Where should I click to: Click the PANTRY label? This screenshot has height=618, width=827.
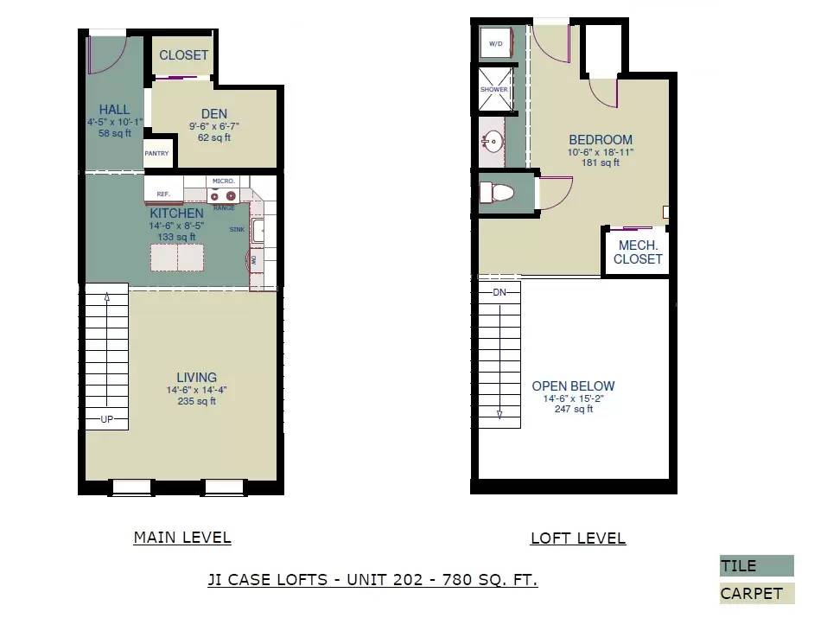coord(156,153)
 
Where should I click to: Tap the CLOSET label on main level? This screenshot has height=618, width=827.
coord(183,54)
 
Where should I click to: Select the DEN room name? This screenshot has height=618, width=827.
coord(213,113)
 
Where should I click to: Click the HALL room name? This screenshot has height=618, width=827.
coord(114,110)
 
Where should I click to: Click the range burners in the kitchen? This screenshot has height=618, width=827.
coord(224,195)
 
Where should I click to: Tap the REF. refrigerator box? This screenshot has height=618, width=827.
coord(163,194)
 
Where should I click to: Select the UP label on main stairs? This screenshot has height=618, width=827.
coord(107,419)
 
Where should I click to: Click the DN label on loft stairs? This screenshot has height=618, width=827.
coord(499,292)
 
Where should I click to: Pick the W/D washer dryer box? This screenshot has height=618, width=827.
coord(496,42)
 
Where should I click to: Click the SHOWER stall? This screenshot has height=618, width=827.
coord(494,89)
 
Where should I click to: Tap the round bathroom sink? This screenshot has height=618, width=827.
coord(493,142)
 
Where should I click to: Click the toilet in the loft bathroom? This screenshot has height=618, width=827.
coord(498,193)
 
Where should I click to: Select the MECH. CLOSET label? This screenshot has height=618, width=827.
coord(638,252)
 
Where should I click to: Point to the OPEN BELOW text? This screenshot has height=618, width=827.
coord(573,386)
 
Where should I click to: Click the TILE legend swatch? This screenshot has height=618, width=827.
coord(756,566)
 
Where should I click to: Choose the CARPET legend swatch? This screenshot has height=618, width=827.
coord(756,593)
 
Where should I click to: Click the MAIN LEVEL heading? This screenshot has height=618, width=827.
coord(182,538)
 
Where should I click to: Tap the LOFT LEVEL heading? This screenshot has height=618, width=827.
coord(577,538)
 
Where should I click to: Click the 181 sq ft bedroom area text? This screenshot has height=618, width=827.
coord(601,162)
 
